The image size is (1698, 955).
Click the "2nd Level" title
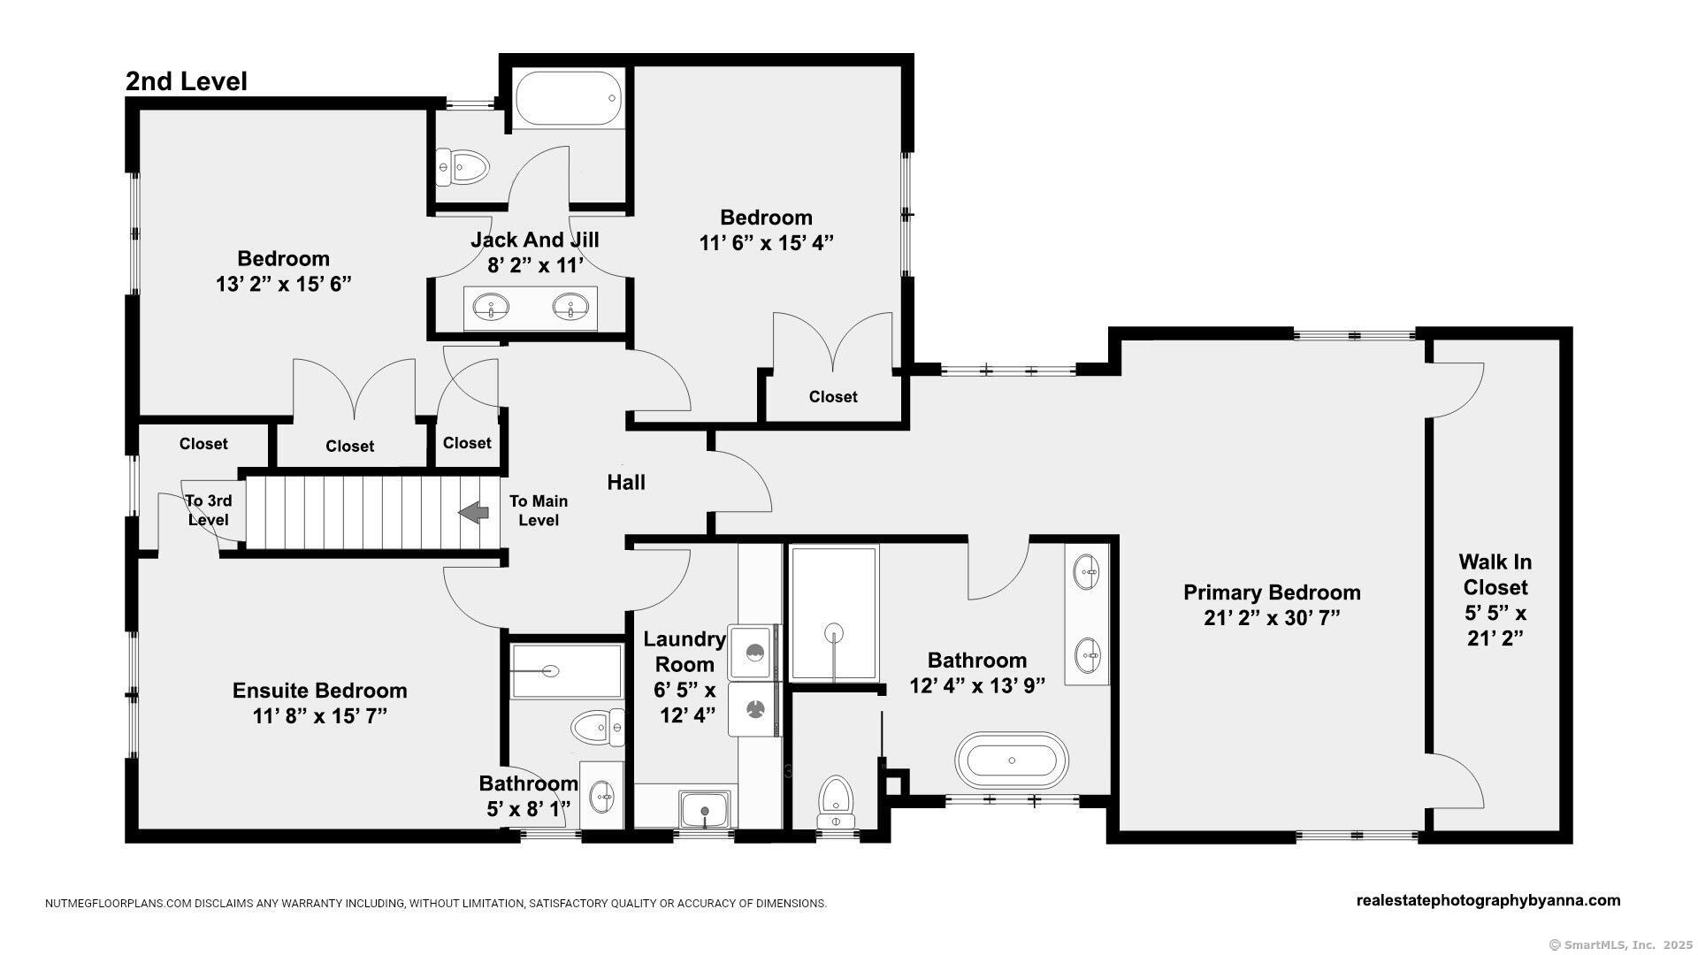click(x=186, y=81)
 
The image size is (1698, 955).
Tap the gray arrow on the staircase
click(x=474, y=513)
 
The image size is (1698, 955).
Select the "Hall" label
click(x=626, y=482)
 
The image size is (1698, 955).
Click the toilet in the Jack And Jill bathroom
click(x=463, y=166)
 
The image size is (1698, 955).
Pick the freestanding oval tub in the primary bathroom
click(x=1012, y=760)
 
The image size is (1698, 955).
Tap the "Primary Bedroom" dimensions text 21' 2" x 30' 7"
click(x=1272, y=617)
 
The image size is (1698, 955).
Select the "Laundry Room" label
click(x=684, y=652)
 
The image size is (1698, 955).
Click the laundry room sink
click(x=705, y=809)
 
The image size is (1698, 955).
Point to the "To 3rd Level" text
click(x=209, y=510)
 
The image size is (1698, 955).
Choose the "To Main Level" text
click(x=539, y=510)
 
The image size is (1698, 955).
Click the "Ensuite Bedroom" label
click(x=319, y=690)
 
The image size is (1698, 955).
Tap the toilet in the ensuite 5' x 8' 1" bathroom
click(x=598, y=728)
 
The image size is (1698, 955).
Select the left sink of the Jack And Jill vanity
click(x=490, y=308)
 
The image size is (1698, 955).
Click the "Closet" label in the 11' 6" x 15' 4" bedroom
click(x=833, y=397)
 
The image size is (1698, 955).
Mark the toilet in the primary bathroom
click(x=835, y=798)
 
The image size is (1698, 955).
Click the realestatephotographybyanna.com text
click(x=1488, y=900)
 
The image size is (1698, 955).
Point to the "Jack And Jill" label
click(x=534, y=240)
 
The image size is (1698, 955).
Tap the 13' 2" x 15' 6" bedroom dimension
click(x=283, y=284)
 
